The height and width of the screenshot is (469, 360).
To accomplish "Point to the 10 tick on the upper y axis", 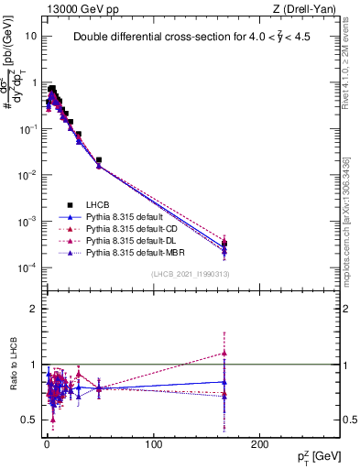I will [29, 36].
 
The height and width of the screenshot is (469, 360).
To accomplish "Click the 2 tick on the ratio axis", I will [32, 309].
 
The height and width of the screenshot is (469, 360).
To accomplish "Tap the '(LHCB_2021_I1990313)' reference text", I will [190, 275].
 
